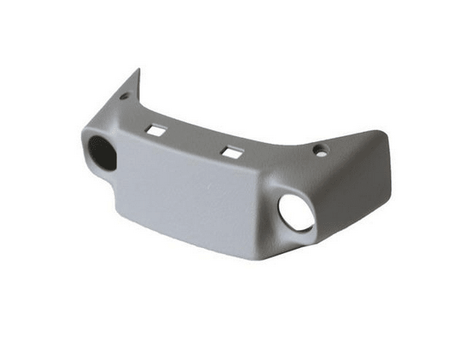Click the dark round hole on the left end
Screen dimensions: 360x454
(102, 150)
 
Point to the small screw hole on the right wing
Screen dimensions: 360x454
(321, 150)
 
